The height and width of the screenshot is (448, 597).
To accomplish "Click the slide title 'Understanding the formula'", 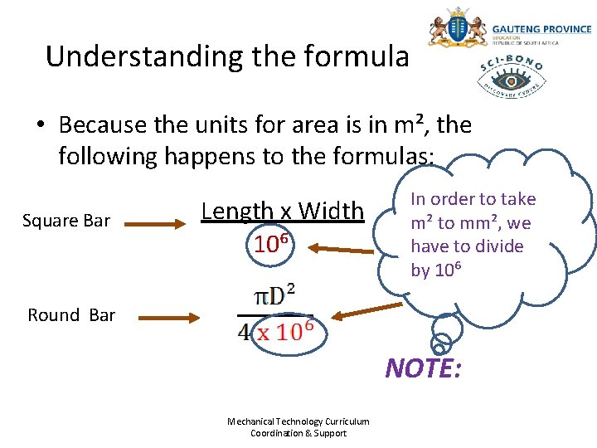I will [x=227, y=56].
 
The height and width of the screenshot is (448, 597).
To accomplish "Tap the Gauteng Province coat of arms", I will [x=456, y=28].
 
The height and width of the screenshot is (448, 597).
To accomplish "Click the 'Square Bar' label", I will [x=66, y=221].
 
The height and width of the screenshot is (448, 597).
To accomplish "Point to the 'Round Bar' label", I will [x=71, y=314].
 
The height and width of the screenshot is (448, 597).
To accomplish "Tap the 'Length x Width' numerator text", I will [x=283, y=212].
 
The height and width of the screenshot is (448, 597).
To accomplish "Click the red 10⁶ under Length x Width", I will [x=270, y=244].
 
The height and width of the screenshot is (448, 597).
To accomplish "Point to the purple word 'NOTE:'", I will [x=423, y=368].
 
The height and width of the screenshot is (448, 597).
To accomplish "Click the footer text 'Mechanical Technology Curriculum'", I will [x=298, y=421].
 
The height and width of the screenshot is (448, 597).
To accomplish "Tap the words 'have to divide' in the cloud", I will [x=467, y=246].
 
